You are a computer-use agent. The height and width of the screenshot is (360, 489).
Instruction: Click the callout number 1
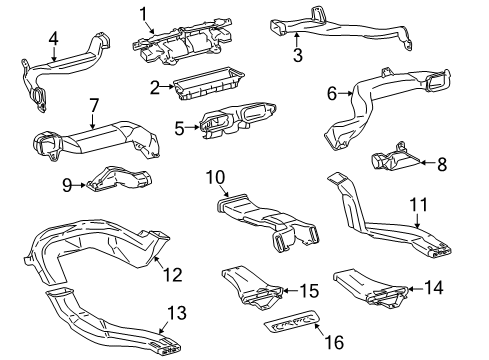click(x=144, y=14)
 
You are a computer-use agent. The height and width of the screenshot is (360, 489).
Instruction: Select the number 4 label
click(x=53, y=39)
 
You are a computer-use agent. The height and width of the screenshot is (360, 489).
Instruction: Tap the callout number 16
click(x=335, y=342)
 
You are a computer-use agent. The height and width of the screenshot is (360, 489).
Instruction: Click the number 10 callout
click(x=216, y=177)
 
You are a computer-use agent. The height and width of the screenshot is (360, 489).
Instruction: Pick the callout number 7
click(x=94, y=105)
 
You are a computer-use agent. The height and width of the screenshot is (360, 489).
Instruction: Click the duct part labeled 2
click(x=209, y=83)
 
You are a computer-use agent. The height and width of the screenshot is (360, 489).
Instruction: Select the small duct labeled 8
click(x=395, y=158)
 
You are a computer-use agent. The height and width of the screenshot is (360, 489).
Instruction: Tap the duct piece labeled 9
click(x=119, y=179)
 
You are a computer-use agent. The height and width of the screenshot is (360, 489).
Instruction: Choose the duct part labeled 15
click(x=252, y=287)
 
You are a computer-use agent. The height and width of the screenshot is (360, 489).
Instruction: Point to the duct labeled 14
click(x=371, y=289)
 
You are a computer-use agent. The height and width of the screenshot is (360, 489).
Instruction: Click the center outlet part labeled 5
click(x=237, y=119)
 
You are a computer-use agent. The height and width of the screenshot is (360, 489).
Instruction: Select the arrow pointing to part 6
click(x=346, y=94)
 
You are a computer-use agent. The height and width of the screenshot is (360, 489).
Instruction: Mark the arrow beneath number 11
click(x=418, y=220)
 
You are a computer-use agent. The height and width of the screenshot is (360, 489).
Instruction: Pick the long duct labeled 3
click(x=341, y=28)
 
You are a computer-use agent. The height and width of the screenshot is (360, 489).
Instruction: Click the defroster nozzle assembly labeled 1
click(x=183, y=42)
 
